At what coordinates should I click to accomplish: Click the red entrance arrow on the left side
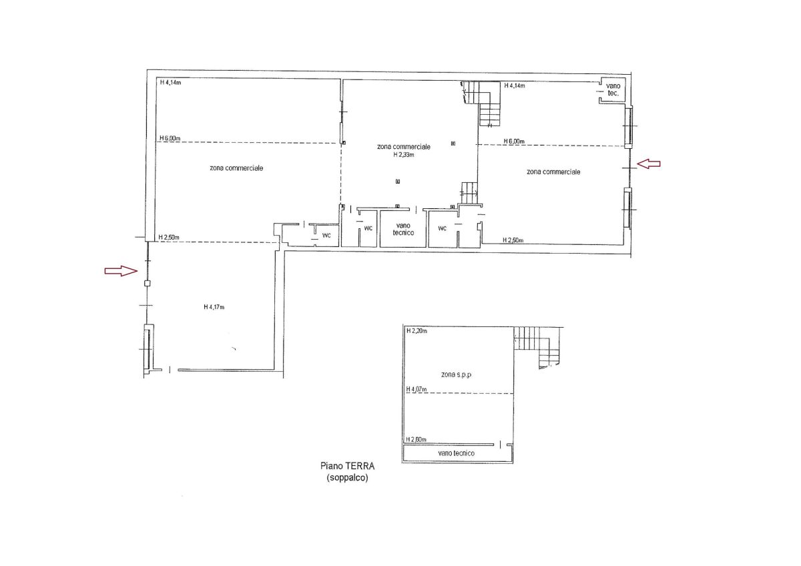[121, 271]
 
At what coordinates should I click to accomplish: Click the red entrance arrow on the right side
[649, 164]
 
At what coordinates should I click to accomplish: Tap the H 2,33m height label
[404, 155]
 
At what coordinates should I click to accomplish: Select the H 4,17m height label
[214, 307]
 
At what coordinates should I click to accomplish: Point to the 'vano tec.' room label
[613, 89]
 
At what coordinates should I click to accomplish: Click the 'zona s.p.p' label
[456, 374]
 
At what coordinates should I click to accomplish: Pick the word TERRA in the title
[360, 467]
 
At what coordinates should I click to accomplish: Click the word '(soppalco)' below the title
[347, 478]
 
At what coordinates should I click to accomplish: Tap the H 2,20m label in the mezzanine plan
[417, 331]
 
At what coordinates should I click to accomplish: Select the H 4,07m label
[417, 389]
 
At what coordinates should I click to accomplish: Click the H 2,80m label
[416, 439]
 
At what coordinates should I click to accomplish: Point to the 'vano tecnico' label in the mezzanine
[457, 453]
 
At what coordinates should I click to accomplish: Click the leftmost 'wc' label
[326, 235]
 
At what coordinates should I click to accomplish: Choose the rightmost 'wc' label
[443, 228]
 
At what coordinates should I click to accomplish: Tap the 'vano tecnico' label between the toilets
[403, 229]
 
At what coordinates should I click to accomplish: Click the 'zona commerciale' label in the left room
[236, 168]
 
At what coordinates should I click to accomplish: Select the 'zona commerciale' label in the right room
[553, 172]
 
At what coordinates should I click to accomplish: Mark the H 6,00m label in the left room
[170, 138]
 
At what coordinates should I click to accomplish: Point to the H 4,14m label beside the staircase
[515, 85]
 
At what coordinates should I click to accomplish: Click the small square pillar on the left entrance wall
[147, 284]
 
